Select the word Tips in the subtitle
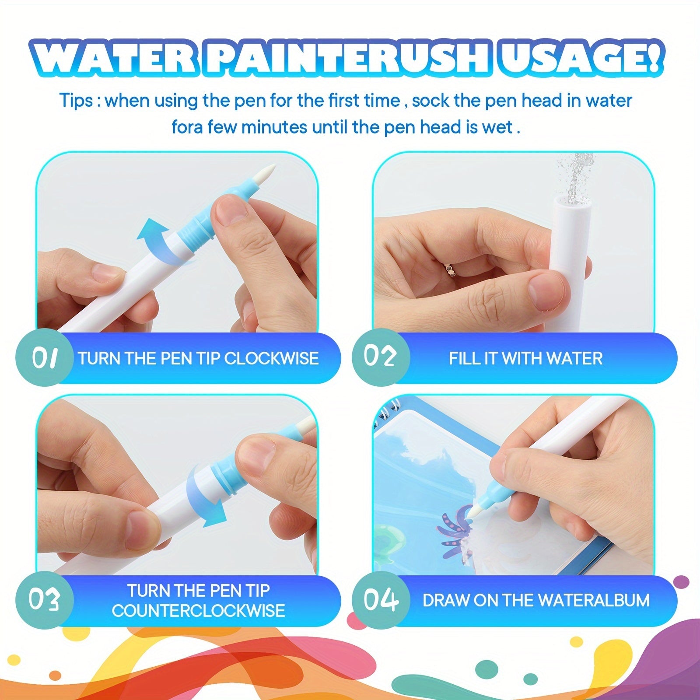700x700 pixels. (76, 101)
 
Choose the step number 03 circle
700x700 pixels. (44, 600)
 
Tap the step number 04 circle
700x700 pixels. (381, 600)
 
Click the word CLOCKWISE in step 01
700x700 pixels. (271, 358)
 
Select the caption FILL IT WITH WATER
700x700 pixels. (526, 358)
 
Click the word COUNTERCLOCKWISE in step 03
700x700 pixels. (199, 611)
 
